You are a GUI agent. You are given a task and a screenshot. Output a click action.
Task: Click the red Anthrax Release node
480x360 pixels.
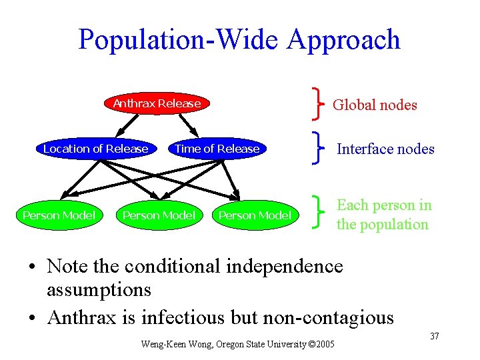coord(157,103)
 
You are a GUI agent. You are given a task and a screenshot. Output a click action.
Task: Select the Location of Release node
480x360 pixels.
coord(95,149)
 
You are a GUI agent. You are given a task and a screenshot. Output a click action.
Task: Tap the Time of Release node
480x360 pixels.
coord(217,149)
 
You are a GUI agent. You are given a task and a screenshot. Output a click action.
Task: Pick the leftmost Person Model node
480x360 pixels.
coord(59,215)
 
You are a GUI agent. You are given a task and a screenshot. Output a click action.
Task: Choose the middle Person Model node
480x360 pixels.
coord(159,215)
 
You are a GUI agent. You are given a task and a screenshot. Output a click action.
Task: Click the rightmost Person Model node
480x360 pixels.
coord(255,215)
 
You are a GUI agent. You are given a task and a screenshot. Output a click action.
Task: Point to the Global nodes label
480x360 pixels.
coord(375,105)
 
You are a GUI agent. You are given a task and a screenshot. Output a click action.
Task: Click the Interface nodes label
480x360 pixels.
coord(385,149)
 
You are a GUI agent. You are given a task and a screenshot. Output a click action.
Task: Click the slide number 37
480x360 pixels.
coord(434,336)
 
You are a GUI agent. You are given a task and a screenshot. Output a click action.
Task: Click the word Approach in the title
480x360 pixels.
coord(344,39)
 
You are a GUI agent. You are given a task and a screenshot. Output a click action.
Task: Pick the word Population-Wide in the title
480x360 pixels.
coord(179,39)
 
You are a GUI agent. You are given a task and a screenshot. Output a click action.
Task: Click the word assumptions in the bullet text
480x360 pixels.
coord(99,290)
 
